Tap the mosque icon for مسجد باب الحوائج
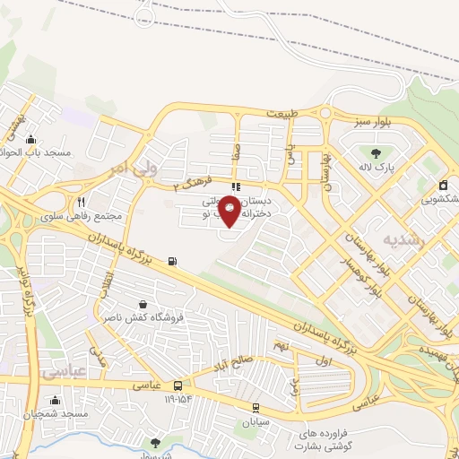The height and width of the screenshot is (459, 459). (32, 139)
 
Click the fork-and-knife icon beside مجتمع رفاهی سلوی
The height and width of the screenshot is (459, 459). (81, 202)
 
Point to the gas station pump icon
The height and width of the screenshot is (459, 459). (172, 262)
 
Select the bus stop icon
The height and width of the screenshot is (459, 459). (178, 385)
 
